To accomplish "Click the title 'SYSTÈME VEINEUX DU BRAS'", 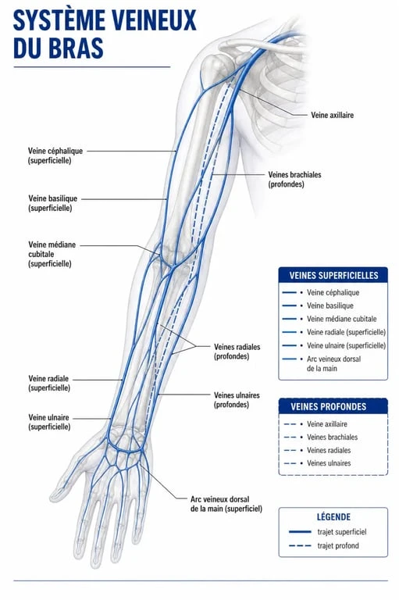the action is click(x=105, y=34).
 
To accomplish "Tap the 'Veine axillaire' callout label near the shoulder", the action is click(x=332, y=115).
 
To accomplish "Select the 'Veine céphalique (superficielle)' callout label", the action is click(x=55, y=155).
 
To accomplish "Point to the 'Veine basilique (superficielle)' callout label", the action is click(x=52, y=203).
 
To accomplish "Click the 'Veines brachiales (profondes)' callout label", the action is click(x=294, y=180).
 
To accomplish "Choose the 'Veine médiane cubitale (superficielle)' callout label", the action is click(x=52, y=254).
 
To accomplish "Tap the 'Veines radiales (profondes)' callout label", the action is click(x=237, y=352).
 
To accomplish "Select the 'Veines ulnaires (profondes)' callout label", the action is click(x=237, y=400).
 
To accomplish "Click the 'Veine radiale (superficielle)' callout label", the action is click(x=49, y=383).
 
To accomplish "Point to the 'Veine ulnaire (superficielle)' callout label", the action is click(x=49, y=422).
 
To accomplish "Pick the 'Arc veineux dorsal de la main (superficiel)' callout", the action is click(x=226, y=504).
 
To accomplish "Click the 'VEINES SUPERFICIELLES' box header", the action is click(x=333, y=275).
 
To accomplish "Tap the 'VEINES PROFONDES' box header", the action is click(x=333, y=406).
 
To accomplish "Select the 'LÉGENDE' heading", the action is click(x=333, y=517).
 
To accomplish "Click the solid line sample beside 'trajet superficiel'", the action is click(x=300, y=532).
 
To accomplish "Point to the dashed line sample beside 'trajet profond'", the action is click(x=300, y=545).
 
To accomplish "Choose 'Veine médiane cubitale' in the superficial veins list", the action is click(x=342, y=319).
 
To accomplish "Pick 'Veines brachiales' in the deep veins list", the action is click(x=333, y=437).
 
